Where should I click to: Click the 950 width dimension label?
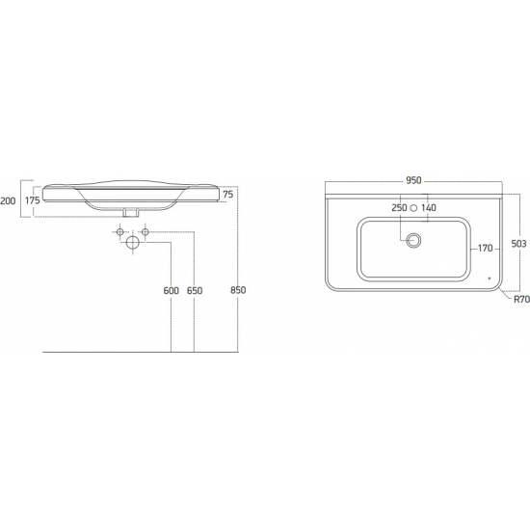pos(413,180)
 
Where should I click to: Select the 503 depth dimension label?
pos(518,244)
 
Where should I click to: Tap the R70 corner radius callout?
pos(521,299)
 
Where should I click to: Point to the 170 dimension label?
pos(485,249)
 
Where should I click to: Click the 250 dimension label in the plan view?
pos(399,207)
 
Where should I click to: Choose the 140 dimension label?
pos(429,207)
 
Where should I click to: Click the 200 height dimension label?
pos(8,201)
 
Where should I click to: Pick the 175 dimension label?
pos(33,200)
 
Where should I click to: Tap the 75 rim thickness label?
pos(228,195)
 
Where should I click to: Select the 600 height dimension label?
pos(171,291)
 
